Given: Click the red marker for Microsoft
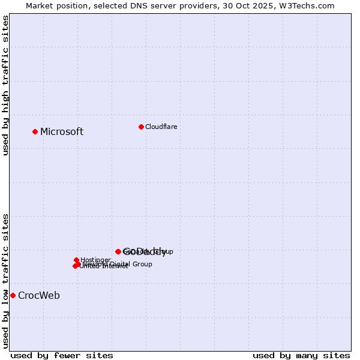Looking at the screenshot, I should (35, 131).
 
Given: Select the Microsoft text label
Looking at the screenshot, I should (62, 132).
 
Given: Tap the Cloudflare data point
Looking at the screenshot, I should (141, 127).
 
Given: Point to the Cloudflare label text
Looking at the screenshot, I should (161, 127).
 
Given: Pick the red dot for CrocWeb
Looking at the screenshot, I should (13, 295).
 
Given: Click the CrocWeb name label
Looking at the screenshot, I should (39, 296).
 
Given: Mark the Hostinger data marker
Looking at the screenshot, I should (77, 260).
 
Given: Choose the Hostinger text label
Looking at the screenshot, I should (95, 260).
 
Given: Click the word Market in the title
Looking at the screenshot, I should (40, 5).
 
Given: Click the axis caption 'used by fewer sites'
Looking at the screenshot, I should (62, 355).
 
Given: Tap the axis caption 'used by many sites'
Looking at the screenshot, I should (301, 355).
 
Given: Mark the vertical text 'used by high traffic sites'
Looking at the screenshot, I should (5, 85).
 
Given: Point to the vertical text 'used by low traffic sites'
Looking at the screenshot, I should (5, 280).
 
